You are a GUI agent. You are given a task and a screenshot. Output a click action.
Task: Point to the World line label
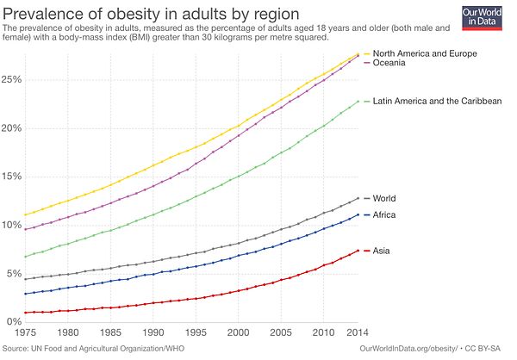tap(384, 199)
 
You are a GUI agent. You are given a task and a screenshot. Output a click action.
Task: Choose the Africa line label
tap(384, 214)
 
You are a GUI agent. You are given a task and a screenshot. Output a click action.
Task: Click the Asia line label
tap(382, 251)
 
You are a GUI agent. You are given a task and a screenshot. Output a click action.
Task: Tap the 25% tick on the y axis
tap(13, 79)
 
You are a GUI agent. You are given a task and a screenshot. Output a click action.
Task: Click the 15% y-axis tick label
tap(13, 177)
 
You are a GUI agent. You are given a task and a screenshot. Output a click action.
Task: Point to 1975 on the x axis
tap(26, 332)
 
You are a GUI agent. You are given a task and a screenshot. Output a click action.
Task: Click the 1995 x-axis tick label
tap(196, 332)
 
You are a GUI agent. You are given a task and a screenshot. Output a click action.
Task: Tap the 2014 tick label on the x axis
tap(358, 332)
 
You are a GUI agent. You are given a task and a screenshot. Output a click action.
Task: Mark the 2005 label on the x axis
tap(282, 332)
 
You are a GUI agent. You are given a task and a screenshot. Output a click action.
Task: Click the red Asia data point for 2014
tap(358, 251)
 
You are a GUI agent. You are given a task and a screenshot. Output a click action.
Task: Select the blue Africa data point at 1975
tap(26, 295)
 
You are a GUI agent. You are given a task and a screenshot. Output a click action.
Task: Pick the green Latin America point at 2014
tap(358, 102)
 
